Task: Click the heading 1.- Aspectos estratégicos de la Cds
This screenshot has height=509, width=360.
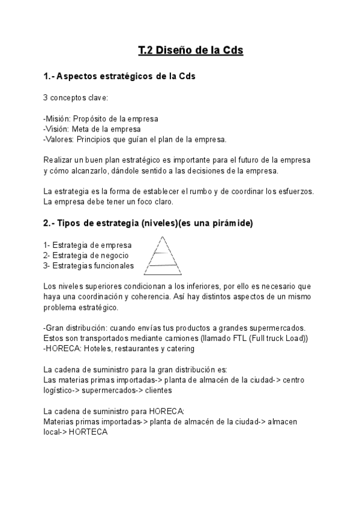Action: [119, 77]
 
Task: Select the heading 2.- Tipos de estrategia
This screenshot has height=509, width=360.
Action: [148, 223]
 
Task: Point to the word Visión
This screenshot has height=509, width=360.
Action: [56, 129]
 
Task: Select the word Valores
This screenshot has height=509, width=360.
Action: [59, 140]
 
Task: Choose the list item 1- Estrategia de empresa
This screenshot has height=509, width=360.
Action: [88, 245]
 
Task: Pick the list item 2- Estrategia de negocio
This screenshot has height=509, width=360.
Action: [86, 255]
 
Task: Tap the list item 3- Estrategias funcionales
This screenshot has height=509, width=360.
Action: [89, 266]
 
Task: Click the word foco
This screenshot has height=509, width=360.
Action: [142, 202]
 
